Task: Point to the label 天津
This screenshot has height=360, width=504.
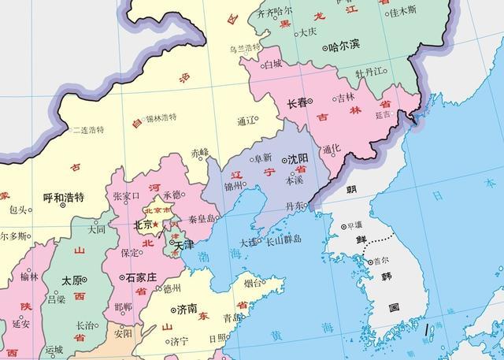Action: click(183, 246)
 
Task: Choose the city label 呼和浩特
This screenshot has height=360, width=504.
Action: click(63, 197)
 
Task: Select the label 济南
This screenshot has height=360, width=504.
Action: click(187, 308)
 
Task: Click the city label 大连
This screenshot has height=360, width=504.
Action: click(248, 241)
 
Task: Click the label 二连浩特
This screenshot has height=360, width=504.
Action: click(87, 130)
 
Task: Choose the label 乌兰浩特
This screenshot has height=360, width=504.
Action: click(245, 48)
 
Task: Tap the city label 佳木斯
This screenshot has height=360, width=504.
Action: click(401, 13)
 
